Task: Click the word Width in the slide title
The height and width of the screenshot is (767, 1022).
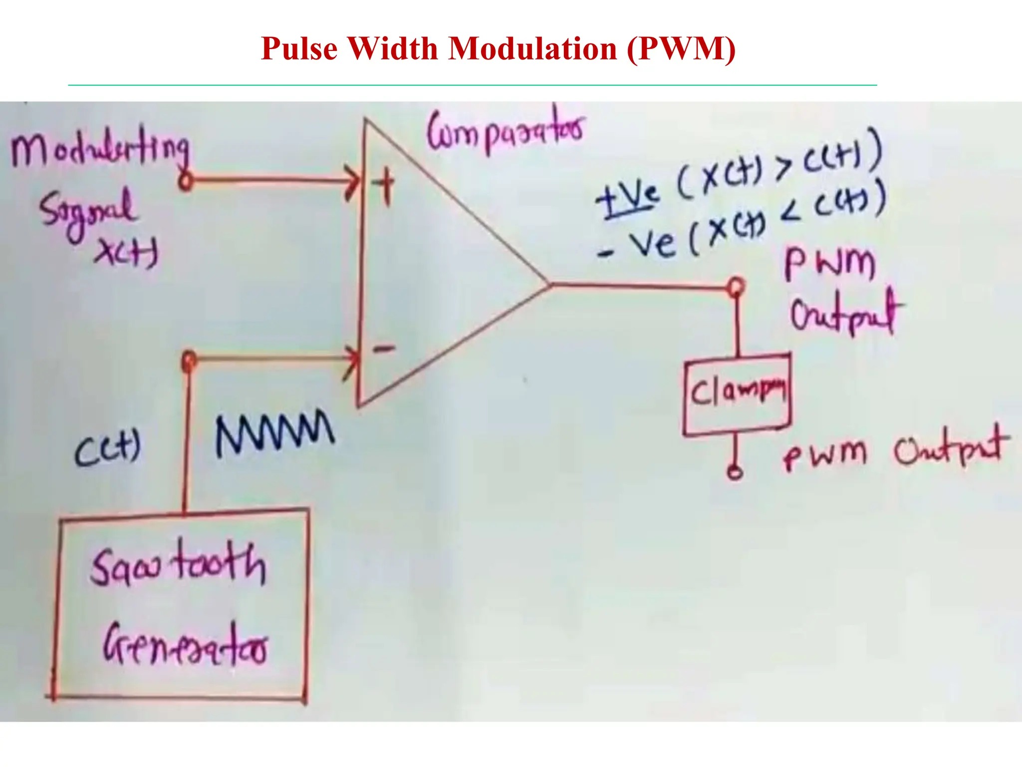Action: (392, 49)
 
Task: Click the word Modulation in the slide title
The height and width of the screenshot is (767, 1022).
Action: (533, 49)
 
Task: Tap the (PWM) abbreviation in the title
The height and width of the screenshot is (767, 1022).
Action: (681, 49)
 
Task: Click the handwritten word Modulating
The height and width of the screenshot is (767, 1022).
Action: (100, 150)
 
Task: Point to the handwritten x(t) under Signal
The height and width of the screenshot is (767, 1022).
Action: (126, 252)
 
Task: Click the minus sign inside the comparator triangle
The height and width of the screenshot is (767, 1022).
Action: (384, 348)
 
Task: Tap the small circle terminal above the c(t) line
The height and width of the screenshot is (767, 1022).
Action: (189, 360)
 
